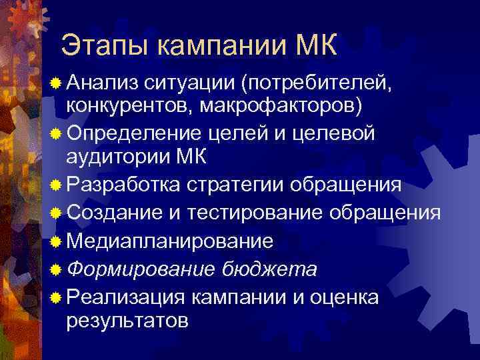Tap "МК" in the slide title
pos(315,46)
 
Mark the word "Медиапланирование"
pos(171,241)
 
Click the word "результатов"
pos(127,321)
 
